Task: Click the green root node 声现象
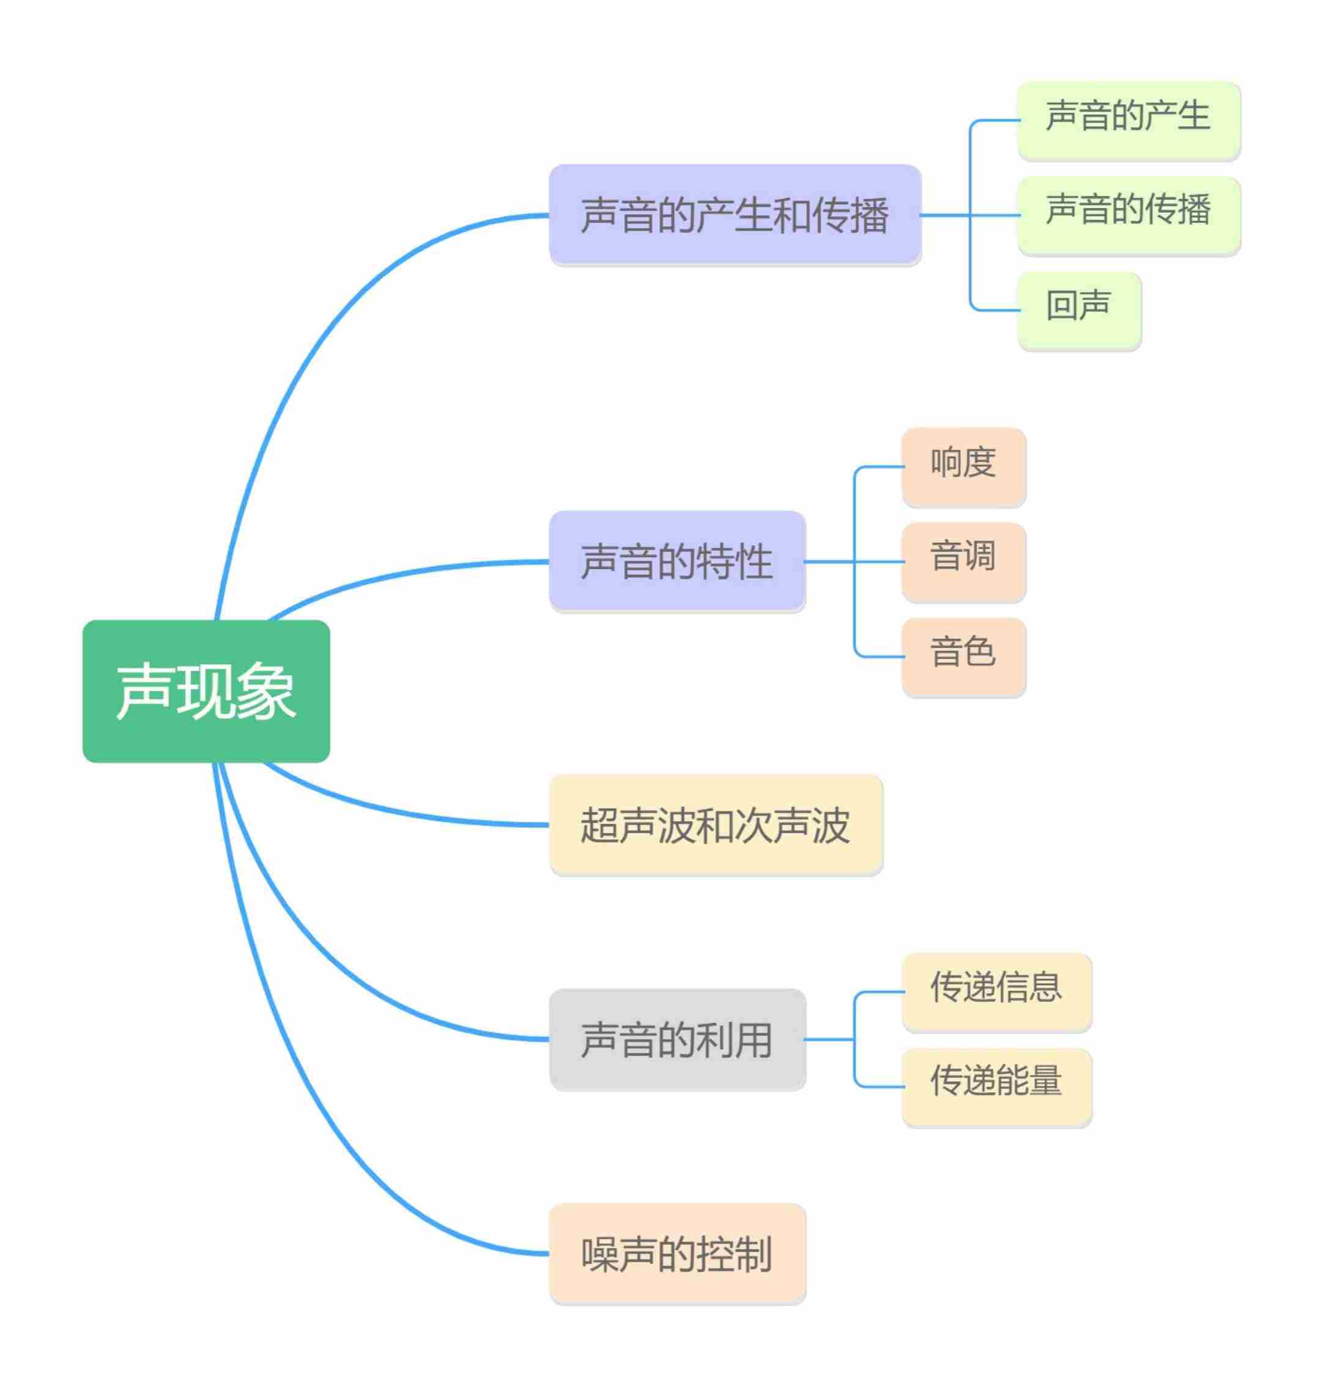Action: tap(205, 690)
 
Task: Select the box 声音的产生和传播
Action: tap(735, 215)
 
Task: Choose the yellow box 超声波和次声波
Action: tap(716, 824)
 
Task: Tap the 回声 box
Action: tap(1079, 311)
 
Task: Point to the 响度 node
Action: tap(963, 467)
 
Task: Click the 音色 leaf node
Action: tap(963, 657)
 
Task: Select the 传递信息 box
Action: tap(996, 992)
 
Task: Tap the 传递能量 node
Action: tap(996, 1086)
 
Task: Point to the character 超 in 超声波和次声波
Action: tap(599, 825)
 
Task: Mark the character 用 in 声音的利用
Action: tap(753, 1039)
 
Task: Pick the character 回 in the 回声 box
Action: tap(1061, 306)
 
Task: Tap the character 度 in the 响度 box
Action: tap(980, 462)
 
